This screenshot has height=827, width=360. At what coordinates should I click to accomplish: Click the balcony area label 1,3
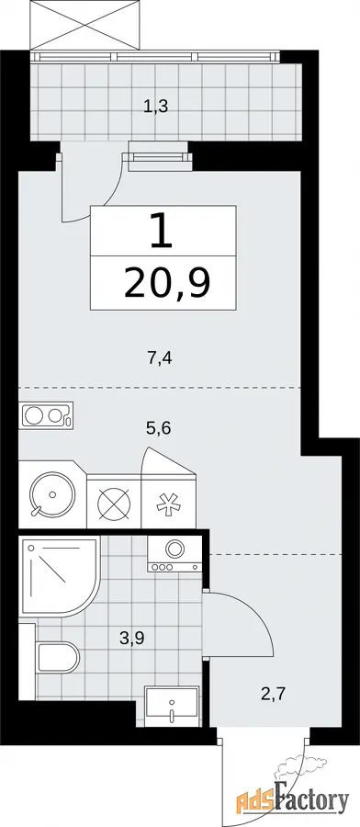156,108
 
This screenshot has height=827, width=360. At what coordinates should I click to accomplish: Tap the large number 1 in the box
162,231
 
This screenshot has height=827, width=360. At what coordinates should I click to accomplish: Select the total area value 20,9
168,283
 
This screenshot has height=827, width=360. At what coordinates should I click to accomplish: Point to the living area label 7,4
160,359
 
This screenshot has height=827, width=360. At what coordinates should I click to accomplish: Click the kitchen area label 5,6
160,427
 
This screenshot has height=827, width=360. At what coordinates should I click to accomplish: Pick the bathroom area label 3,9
131,639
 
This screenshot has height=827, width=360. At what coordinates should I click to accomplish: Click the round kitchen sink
52,494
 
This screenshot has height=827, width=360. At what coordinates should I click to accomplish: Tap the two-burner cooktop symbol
46,415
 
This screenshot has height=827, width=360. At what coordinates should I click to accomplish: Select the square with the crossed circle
115,501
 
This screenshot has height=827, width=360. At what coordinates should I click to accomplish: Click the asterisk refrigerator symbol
169,502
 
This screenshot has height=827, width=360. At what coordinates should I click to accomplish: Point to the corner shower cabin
59,576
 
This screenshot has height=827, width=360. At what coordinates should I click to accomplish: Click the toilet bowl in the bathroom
58,657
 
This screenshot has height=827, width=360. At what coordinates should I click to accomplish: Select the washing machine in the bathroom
174,554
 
